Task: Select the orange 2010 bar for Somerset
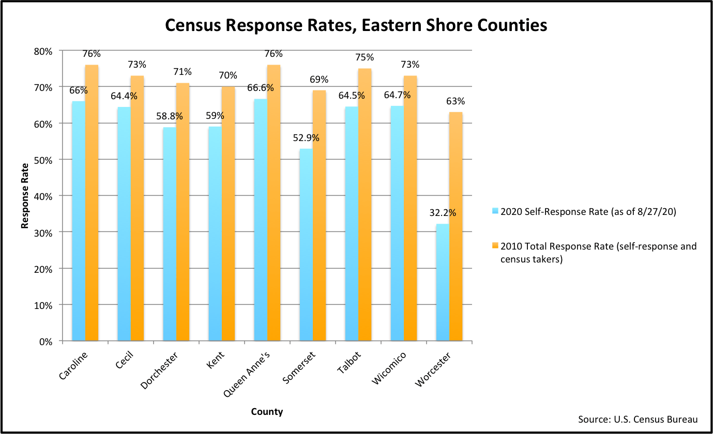click(x=319, y=215)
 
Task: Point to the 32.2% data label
click(x=443, y=212)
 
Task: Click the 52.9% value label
click(x=306, y=138)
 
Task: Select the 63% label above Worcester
click(x=456, y=101)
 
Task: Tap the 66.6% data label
click(x=260, y=87)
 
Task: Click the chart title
click(x=356, y=25)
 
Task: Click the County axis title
click(x=267, y=412)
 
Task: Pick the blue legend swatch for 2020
click(x=495, y=211)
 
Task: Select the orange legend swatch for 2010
click(x=495, y=246)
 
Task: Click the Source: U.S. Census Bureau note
click(x=638, y=419)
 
